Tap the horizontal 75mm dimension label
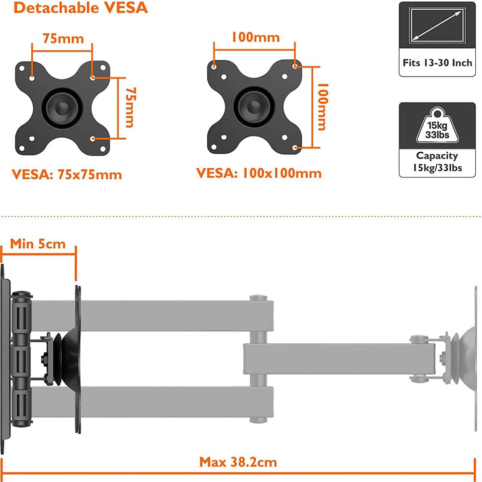(x=63, y=38)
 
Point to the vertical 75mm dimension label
(x=129, y=107)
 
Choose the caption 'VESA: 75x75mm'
(x=67, y=174)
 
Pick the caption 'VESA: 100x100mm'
(x=258, y=173)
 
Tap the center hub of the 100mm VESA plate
(x=254, y=107)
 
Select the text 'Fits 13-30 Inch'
(x=437, y=63)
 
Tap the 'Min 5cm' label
(x=38, y=243)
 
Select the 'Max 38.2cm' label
(x=238, y=462)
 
